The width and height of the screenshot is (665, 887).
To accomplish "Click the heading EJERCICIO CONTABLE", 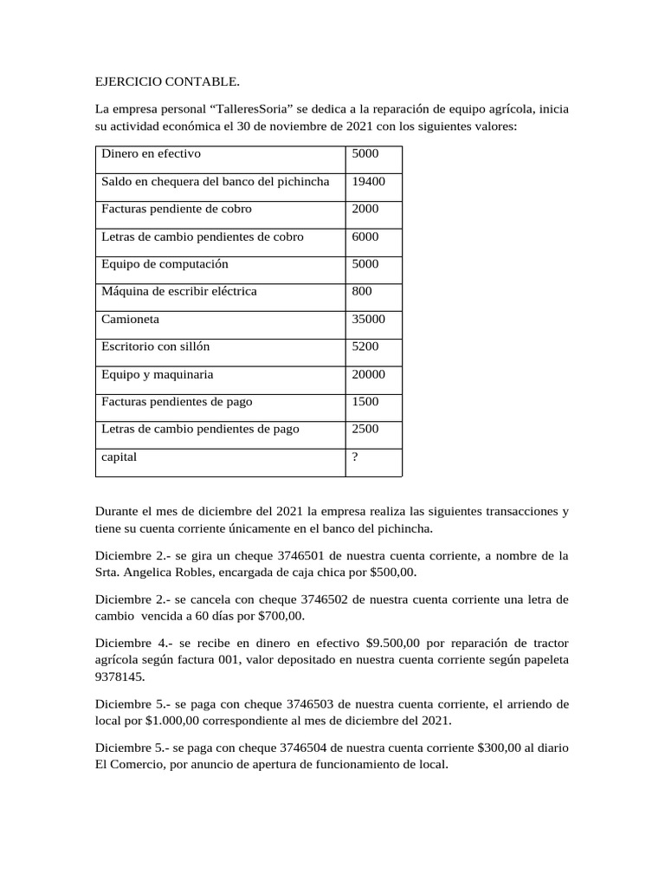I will (166, 82).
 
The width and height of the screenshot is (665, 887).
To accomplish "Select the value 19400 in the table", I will (369, 181).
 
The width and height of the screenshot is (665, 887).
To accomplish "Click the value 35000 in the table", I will (369, 319).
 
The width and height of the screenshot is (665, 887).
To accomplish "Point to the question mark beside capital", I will (355, 456).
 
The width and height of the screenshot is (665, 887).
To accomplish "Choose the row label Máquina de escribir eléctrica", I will (179, 291).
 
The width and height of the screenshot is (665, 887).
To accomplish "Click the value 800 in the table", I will (362, 291).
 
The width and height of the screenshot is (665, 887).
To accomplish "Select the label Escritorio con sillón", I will (156, 346).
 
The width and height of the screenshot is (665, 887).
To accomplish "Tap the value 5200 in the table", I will (365, 346).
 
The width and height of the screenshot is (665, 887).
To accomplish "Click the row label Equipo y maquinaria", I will (158, 374).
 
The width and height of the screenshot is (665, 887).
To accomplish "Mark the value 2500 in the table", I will (365, 429).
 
